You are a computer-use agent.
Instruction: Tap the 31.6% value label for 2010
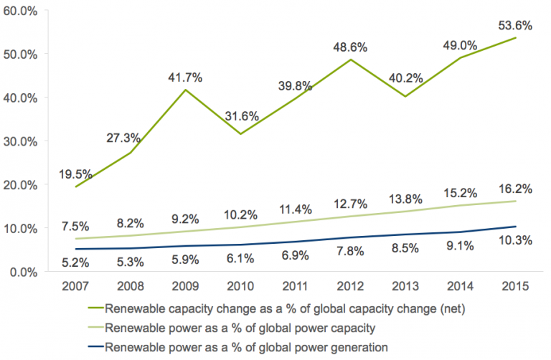240,116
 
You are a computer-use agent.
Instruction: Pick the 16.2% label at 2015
515,189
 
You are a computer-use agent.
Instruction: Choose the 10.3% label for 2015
515,240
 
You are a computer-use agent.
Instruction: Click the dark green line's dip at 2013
405,97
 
